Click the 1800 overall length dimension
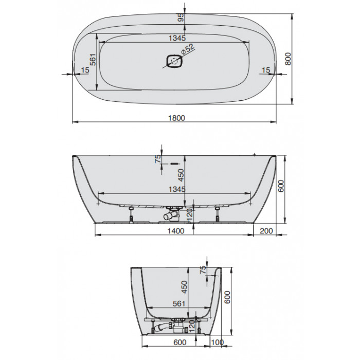click(x=176, y=118)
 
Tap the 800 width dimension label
click(x=288, y=59)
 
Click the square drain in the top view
click(x=174, y=61)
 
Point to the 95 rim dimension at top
click(x=181, y=17)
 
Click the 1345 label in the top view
click(x=177, y=38)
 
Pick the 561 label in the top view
click(x=93, y=60)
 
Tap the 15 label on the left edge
click(x=85, y=70)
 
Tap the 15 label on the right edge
click(x=266, y=70)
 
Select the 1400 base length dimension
click(x=176, y=231)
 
